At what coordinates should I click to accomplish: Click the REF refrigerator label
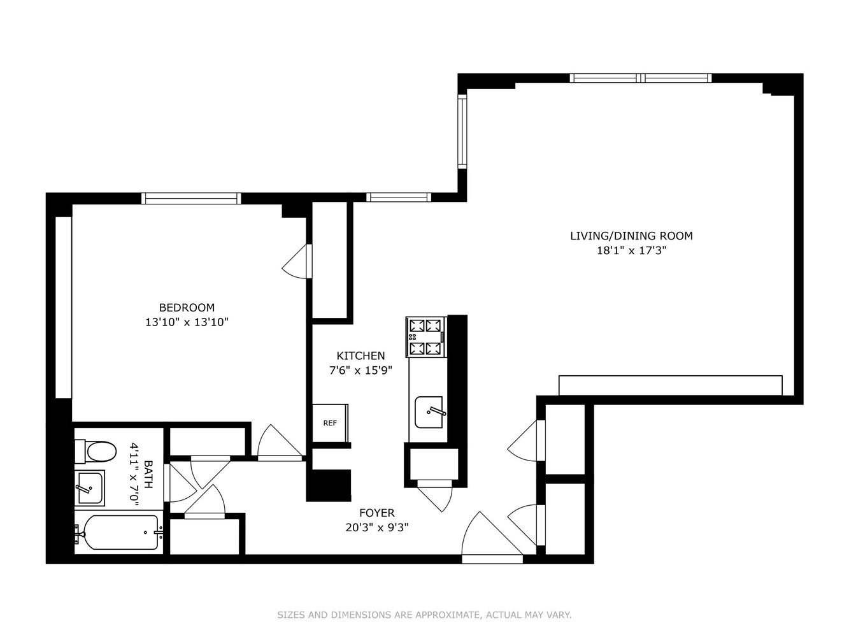[x=329, y=423]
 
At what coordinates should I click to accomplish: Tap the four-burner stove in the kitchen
[x=426, y=337]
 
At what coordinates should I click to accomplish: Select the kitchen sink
[x=429, y=412]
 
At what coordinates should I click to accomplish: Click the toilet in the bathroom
[x=96, y=452]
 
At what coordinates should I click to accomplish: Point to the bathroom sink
[x=89, y=488]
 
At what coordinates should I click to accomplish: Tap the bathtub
[x=119, y=532]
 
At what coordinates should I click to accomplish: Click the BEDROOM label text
[x=187, y=308]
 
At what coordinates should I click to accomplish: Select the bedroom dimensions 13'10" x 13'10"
[x=187, y=322]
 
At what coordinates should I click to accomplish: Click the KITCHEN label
[x=360, y=356]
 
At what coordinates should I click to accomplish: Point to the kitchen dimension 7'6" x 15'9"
[x=360, y=371]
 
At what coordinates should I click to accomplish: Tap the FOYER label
[x=376, y=513]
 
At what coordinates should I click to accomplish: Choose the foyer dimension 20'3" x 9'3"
[x=376, y=527]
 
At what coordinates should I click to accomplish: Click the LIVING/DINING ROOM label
[x=631, y=236]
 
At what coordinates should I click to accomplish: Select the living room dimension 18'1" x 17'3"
[x=631, y=250]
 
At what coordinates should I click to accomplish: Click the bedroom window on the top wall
[x=191, y=198]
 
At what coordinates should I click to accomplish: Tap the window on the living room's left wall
[x=462, y=132]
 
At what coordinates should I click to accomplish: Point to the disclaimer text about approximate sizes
[x=424, y=615]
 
